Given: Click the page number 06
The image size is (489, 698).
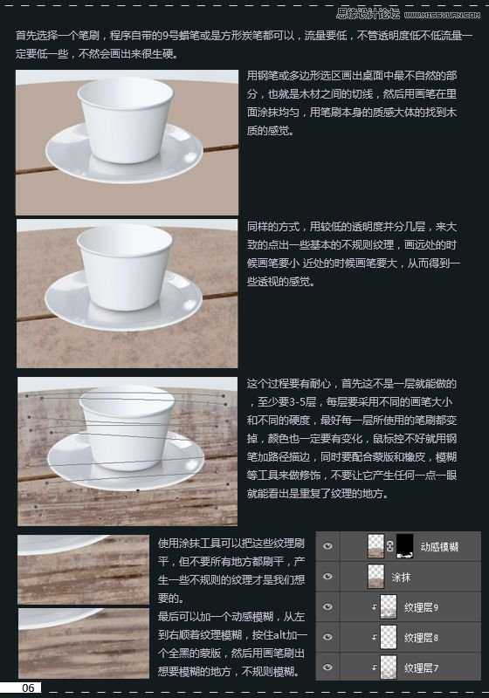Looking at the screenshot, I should (28, 688).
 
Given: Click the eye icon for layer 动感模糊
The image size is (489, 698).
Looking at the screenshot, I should (328, 546).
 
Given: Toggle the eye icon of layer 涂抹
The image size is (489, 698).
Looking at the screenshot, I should (328, 577).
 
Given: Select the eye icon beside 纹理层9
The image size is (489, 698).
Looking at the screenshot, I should (328, 606).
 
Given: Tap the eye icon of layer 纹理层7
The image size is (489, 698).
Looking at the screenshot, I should (328, 667).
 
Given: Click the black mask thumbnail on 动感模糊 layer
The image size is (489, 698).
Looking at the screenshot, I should (404, 546).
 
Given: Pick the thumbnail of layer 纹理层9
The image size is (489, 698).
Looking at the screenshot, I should (388, 606).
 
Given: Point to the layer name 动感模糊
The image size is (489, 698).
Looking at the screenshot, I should (439, 546).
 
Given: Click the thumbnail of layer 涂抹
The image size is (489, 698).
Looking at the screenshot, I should (376, 577).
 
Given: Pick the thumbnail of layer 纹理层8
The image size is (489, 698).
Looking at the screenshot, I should (388, 637).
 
